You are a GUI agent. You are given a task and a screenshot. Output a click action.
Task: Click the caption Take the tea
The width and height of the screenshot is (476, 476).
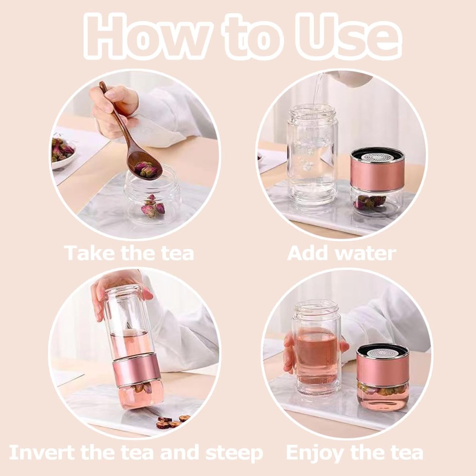130,253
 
